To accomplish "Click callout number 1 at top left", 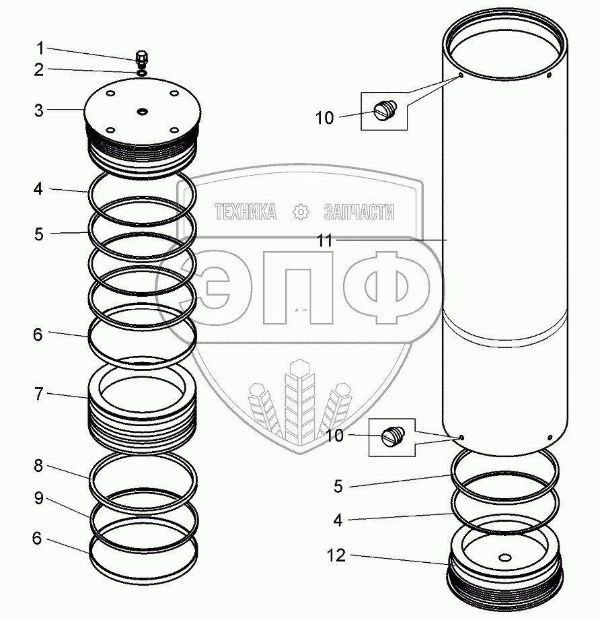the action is point(40,48).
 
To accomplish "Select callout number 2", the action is point(40,69).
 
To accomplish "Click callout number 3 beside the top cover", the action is point(40,110).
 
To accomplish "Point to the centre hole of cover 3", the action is point(142,111).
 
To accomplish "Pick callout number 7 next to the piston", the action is point(40,394).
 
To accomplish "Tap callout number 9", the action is point(40,499).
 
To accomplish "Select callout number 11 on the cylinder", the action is point(325,241).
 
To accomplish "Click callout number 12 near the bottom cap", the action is point(336,556).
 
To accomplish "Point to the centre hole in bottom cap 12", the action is point(506,557).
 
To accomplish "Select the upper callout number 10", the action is point(324,118).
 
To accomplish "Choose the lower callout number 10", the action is point(335,436).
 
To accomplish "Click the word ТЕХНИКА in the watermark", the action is point(246,213).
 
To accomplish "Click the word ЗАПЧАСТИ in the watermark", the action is point(359,213).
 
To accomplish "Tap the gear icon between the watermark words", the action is point(301,213).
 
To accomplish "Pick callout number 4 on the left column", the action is point(40,189).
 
